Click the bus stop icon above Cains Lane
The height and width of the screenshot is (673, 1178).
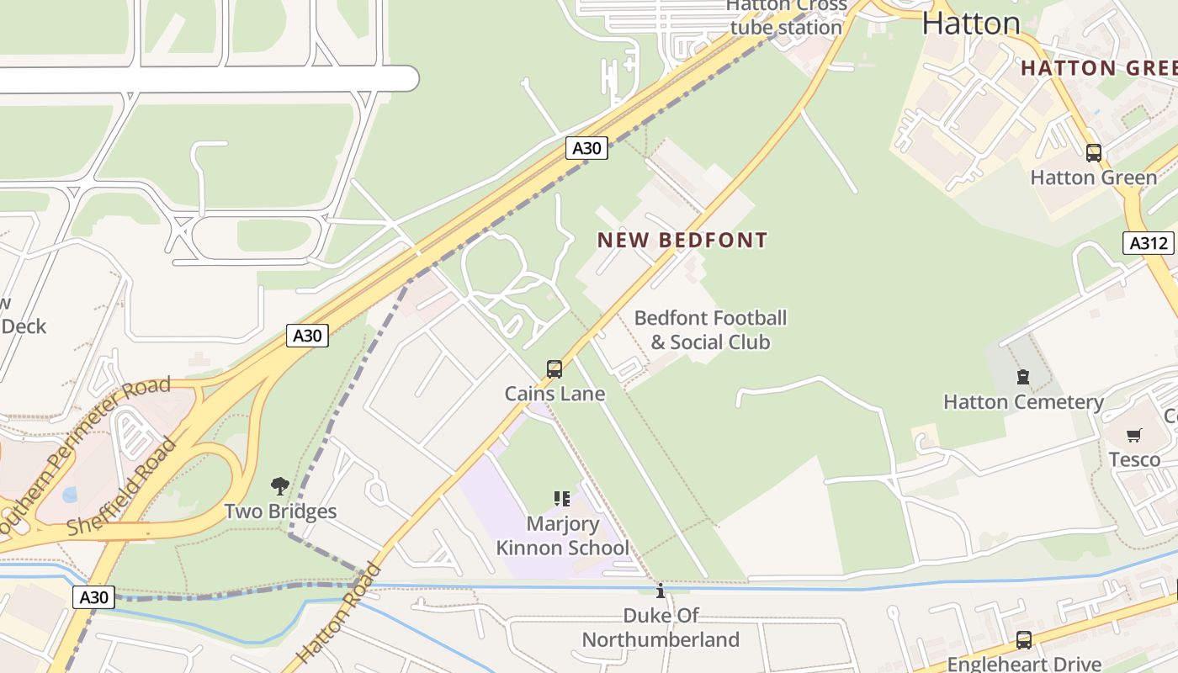554,368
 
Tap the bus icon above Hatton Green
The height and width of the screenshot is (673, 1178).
1094,153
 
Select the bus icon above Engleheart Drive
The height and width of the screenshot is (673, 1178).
1023,639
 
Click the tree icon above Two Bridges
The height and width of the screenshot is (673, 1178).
280,486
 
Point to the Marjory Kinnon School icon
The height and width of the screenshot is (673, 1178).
562,499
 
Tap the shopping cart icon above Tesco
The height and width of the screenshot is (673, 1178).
1134,435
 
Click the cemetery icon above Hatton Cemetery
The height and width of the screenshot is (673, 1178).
1023,377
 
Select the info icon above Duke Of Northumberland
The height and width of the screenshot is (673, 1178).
661,591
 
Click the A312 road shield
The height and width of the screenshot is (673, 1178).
1149,243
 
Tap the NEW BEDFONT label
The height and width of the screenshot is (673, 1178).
682,241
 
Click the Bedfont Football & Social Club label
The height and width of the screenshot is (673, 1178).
711,330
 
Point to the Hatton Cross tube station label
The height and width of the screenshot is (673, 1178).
786,17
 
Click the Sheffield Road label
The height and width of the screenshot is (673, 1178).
122,488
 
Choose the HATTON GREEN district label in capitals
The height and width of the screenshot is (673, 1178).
1098,68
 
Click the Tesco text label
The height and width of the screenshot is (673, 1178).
1134,459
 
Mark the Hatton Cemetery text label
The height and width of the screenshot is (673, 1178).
1023,402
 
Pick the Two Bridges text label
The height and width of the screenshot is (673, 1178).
280,511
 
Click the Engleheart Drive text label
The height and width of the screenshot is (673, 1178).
1023,664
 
